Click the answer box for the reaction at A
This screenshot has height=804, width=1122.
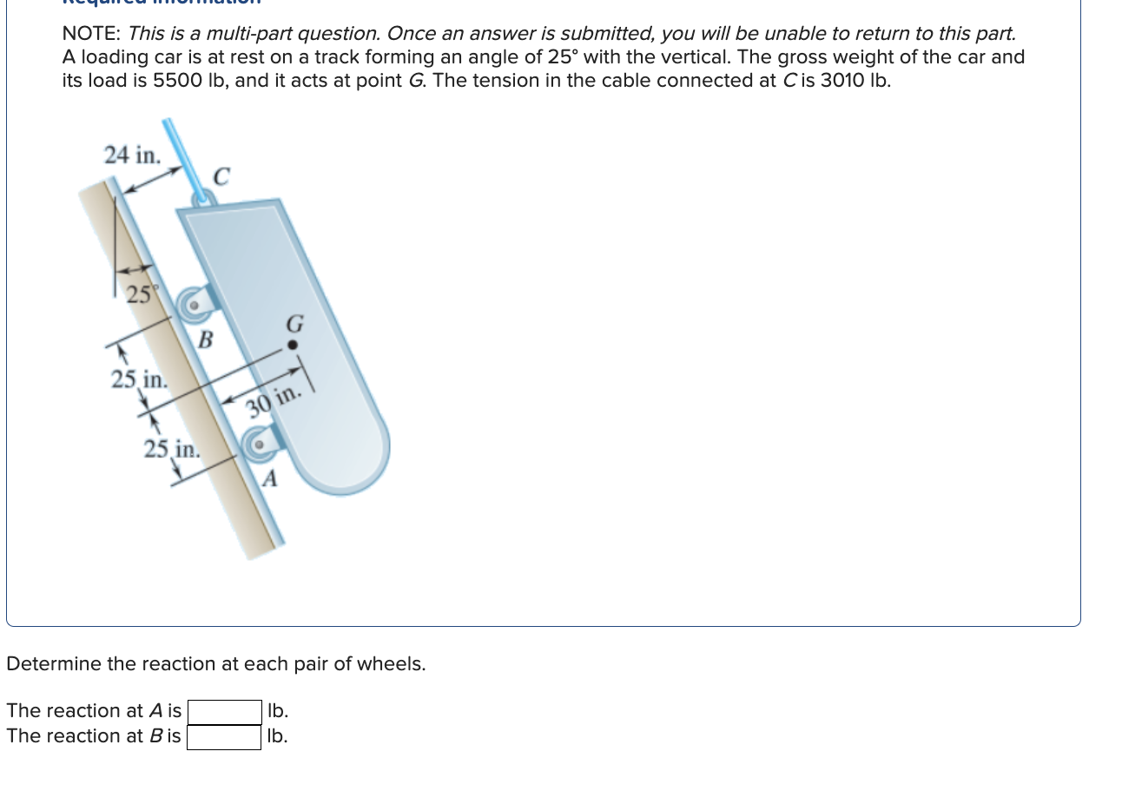point(224,712)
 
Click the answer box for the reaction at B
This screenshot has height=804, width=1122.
point(224,737)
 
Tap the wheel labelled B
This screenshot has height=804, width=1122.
point(194,305)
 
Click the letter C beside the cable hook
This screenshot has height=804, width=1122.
point(221,176)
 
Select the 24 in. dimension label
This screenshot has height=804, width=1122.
point(132,155)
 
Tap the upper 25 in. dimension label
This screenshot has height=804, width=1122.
point(139,379)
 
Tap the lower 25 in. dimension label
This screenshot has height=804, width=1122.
point(171,449)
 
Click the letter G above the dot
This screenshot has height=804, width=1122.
point(294,325)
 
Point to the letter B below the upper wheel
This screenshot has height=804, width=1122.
point(205,339)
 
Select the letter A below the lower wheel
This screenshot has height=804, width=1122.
point(270,478)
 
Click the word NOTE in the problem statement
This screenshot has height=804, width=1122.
point(90,34)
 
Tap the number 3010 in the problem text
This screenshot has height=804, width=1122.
point(841,81)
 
